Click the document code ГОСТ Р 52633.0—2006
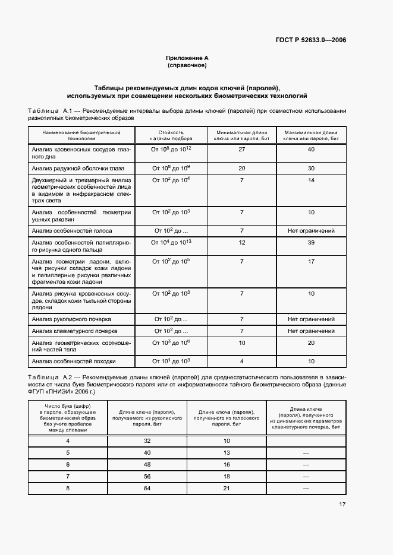(310, 40)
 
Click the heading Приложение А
(187, 58)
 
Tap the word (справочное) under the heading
(187, 66)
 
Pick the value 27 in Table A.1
(242, 150)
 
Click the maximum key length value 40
(311, 150)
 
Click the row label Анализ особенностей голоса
(72, 230)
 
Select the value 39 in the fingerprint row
(311, 242)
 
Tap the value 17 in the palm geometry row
(311, 261)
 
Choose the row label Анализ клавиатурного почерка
(75, 331)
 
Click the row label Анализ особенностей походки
(74, 361)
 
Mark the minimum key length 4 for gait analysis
(242, 361)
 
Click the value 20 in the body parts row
(311, 342)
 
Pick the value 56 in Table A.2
(147, 477)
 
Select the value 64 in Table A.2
(147, 489)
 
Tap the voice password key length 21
(227, 489)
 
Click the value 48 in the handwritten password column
(147, 464)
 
